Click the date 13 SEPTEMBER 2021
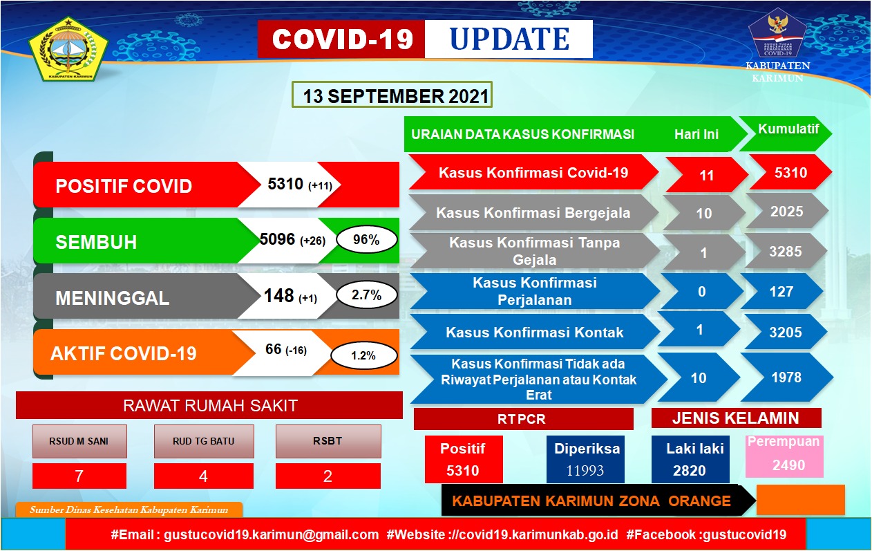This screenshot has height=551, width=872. (x=391, y=95)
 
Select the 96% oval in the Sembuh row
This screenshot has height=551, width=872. (x=366, y=240)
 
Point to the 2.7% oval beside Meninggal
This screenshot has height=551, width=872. (x=366, y=295)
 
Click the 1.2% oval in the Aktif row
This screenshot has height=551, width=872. (x=363, y=356)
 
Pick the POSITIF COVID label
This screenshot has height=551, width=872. (x=124, y=186)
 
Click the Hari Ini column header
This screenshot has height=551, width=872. (x=696, y=134)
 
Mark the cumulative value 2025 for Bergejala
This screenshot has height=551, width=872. (x=786, y=212)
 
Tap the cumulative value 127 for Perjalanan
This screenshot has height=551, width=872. (x=781, y=292)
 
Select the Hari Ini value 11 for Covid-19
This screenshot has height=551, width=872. (x=706, y=176)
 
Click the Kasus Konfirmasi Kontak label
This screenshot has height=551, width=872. (x=534, y=333)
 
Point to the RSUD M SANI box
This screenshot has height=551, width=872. (x=79, y=441)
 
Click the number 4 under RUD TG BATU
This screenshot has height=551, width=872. (x=203, y=476)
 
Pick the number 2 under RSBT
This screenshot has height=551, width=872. (x=328, y=476)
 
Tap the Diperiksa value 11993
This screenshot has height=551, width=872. (x=586, y=471)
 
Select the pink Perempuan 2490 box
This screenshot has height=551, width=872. (x=784, y=456)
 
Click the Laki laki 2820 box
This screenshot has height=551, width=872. (x=690, y=460)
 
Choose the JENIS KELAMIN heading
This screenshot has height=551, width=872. (x=736, y=418)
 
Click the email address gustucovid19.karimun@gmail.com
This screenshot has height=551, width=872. (x=271, y=534)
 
